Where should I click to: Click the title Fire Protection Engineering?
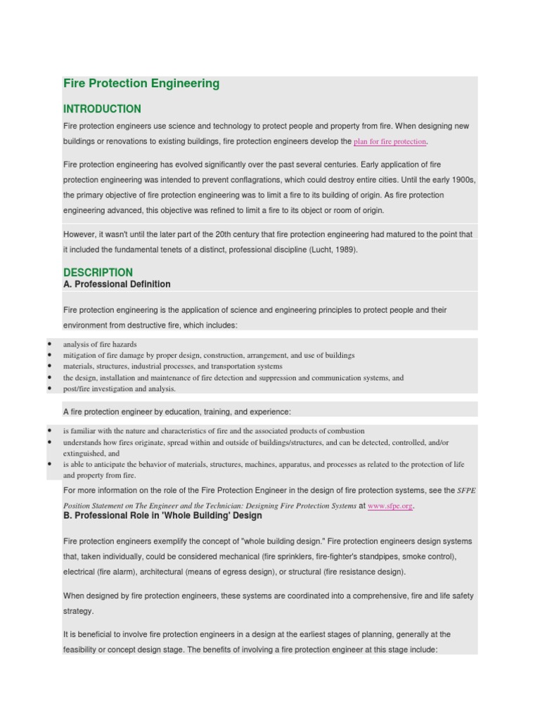pyautogui.click(x=141, y=84)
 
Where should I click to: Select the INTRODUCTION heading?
pyautogui.click(x=102, y=109)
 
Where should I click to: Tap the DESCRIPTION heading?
pyautogui.click(x=98, y=272)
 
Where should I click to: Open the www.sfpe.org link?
pyautogui.click(x=390, y=506)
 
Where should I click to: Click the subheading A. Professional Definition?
pyautogui.click(x=117, y=284)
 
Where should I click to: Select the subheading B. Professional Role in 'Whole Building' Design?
pyautogui.click(x=162, y=515)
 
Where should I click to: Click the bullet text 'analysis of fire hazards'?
pyautogui.click(x=100, y=345)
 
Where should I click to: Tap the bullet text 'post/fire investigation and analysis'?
pyautogui.click(x=120, y=389)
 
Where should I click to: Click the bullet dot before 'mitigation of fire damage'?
pyautogui.click(x=50, y=356)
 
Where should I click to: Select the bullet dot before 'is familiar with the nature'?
pyautogui.click(x=50, y=430)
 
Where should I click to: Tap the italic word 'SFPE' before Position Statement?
pyautogui.click(x=467, y=490)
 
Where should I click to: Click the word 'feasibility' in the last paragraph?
pyautogui.click(x=81, y=650)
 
